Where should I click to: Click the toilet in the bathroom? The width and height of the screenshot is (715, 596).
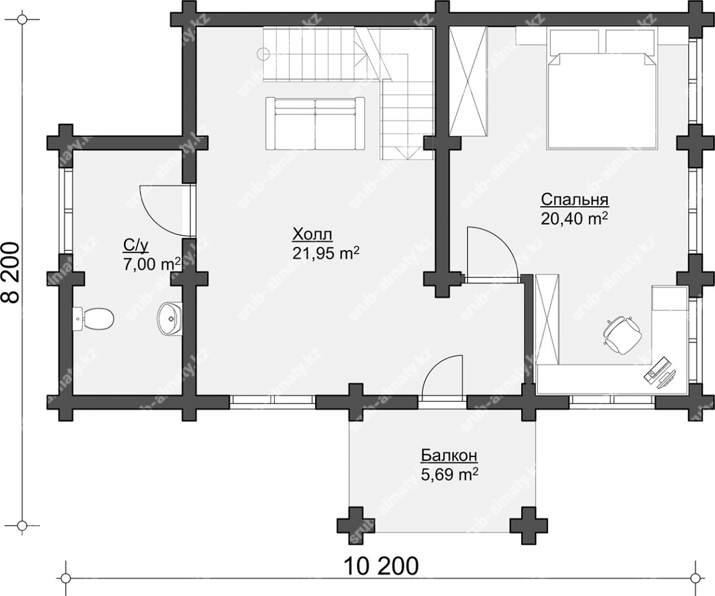[x=93, y=318]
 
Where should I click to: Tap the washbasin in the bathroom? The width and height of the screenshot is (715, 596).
[x=169, y=319]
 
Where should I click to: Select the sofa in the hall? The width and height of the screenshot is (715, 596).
[x=315, y=123]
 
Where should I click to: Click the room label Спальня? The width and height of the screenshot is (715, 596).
[x=574, y=200]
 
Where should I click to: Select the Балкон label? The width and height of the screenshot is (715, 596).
[x=449, y=456]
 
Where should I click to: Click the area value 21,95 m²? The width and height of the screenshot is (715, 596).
[x=326, y=254]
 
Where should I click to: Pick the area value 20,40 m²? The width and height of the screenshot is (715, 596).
[x=575, y=219]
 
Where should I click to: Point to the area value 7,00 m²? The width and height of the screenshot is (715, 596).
[x=152, y=264]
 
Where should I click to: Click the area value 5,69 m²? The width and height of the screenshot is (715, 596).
[x=449, y=474]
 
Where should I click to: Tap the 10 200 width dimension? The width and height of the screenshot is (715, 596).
[x=381, y=566]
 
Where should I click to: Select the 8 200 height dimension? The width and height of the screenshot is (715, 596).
[x=11, y=272]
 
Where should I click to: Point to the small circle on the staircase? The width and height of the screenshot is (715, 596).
[x=263, y=54]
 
